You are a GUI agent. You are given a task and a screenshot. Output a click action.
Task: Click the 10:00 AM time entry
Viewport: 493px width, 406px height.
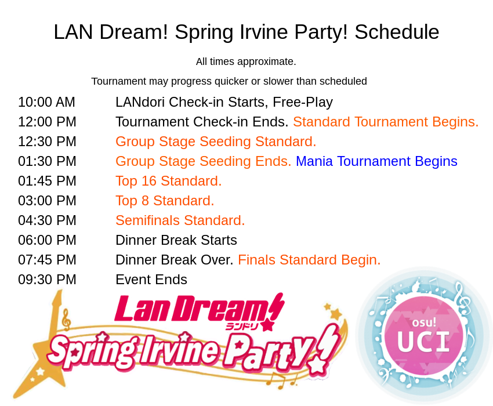(x=46, y=102)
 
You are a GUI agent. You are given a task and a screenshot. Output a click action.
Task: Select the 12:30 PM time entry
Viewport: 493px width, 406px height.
(x=47, y=142)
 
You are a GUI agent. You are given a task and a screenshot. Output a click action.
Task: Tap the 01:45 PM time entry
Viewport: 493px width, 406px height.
(x=47, y=181)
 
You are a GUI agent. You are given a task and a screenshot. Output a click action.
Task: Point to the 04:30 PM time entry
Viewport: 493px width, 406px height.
(x=47, y=220)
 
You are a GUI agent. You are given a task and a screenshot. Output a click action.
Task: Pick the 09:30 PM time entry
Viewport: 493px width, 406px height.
(x=47, y=280)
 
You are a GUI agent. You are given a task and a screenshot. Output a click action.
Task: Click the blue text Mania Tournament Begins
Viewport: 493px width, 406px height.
(x=376, y=161)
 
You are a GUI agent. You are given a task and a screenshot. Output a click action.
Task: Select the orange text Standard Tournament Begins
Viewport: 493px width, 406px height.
(x=386, y=122)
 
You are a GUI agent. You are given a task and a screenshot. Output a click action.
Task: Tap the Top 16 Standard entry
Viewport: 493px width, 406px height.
(x=169, y=181)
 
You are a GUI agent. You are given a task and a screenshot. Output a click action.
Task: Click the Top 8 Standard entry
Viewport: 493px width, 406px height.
(x=165, y=201)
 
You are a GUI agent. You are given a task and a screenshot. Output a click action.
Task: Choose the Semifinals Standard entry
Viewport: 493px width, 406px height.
(x=180, y=220)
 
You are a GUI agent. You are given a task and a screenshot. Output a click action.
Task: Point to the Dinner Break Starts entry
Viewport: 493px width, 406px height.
(x=176, y=240)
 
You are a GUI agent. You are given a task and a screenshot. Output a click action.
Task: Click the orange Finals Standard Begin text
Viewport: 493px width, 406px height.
(x=309, y=260)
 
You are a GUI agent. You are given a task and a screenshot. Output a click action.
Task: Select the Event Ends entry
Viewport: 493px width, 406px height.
(x=151, y=280)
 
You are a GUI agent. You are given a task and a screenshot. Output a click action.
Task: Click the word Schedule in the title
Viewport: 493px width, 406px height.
(x=397, y=32)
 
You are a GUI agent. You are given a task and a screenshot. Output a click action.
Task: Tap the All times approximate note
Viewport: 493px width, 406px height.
(x=246, y=61)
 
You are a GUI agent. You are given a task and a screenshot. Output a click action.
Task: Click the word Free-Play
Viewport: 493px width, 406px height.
(x=303, y=103)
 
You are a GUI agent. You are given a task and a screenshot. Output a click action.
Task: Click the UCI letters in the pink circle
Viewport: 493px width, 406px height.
(x=424, y=342)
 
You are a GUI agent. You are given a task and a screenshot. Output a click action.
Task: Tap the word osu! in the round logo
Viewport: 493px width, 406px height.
(x=424, y=322)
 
